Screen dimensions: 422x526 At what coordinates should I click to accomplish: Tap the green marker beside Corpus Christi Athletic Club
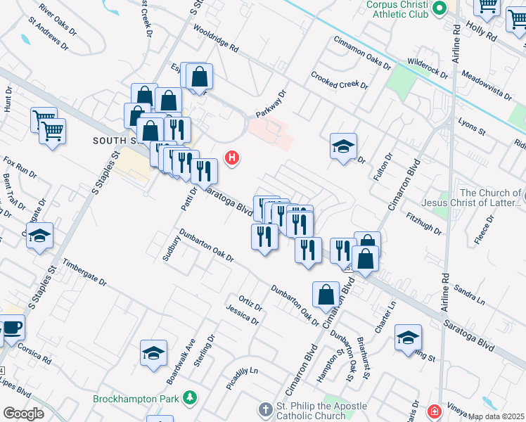point(440,9)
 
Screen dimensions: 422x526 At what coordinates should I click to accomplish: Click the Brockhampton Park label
point(136,399)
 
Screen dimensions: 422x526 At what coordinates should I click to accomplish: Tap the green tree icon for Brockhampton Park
point(189,399)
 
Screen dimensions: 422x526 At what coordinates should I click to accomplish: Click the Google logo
point(23,414)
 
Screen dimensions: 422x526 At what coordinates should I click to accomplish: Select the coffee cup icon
point(12,328)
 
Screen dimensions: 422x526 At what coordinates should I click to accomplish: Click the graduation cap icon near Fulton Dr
point(343,146)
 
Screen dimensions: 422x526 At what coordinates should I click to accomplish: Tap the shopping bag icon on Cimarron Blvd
point(327,294)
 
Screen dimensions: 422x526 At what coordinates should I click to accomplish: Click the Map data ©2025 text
point(496,416)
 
